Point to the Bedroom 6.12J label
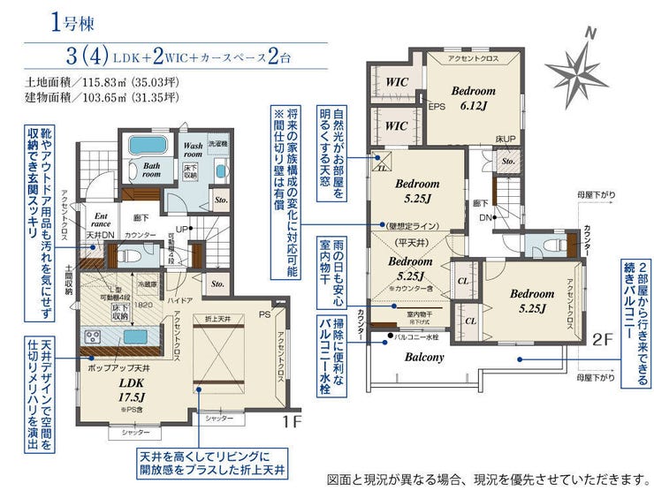tap(474, 97)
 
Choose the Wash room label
tap(194, 149)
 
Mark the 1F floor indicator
tap(293, 421)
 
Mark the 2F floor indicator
tap(604, 336)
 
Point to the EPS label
tap(437, 108)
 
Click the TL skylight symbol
tap(381, 164)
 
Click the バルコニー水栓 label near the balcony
tap(415, 336)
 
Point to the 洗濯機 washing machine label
tap(217, 142)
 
